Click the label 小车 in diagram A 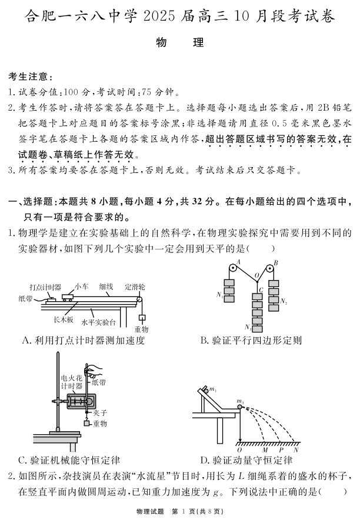click(81, 287)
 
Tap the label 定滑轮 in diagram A click(134, 287)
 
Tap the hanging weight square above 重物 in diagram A click(141, 318)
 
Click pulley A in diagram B click(232, 268)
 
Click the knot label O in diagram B click(256, 275)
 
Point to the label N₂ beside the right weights click(284, 302)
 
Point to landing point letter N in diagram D click(296, 449)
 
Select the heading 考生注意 click(30, 77)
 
